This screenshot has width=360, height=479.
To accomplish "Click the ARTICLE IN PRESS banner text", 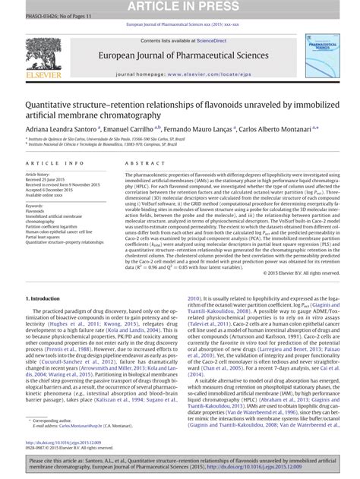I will [180, 7].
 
